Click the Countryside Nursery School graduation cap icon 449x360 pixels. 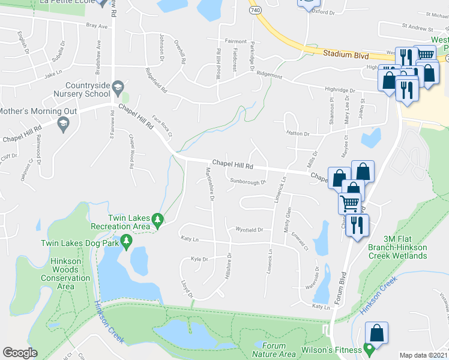pos(118,86)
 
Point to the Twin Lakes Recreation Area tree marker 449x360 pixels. pos(157,220)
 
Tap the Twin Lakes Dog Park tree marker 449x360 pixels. pos(126,242)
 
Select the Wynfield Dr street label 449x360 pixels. pos(249,230)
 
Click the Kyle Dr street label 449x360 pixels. pos(199,260)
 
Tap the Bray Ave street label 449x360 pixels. pos(96,26)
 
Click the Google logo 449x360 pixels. pos(20,353)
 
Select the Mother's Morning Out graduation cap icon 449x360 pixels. pos(62,124)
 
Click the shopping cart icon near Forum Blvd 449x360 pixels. pos(349,203)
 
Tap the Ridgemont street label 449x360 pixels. pos(269,76)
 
